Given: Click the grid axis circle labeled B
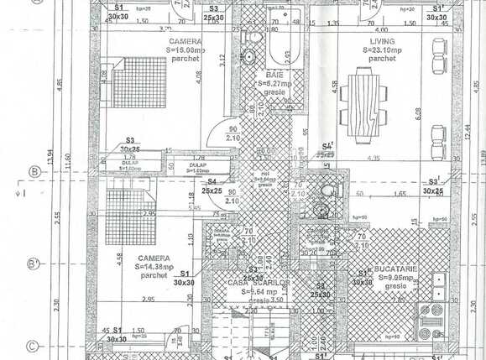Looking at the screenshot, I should [x=34, y=172].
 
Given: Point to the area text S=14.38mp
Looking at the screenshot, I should [x=156, y=266].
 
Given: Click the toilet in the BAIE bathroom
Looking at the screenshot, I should [x=248, y=56].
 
